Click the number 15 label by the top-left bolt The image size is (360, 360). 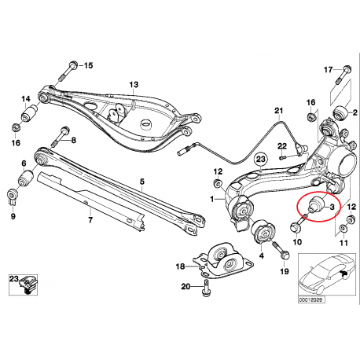[x=88, y=65]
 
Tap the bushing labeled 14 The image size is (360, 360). [x=29, y=114]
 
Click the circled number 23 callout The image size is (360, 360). [x=261, y=159]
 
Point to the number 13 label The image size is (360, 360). [x=134, y=85]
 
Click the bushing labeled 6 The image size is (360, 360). [x=25, y=178]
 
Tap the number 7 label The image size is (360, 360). [x=90, y=220]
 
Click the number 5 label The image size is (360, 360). [x=141, y=182]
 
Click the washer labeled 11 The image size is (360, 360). [x=343, y=229]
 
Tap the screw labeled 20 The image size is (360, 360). [x=206, y=288]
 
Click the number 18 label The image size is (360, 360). [x=181, y=266]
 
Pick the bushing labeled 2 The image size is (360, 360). [x=340, y=112]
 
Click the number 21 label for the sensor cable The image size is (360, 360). [x=279, y=111]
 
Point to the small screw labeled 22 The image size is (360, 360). [x=283, y=158]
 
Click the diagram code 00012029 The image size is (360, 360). [x=310, y=299]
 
